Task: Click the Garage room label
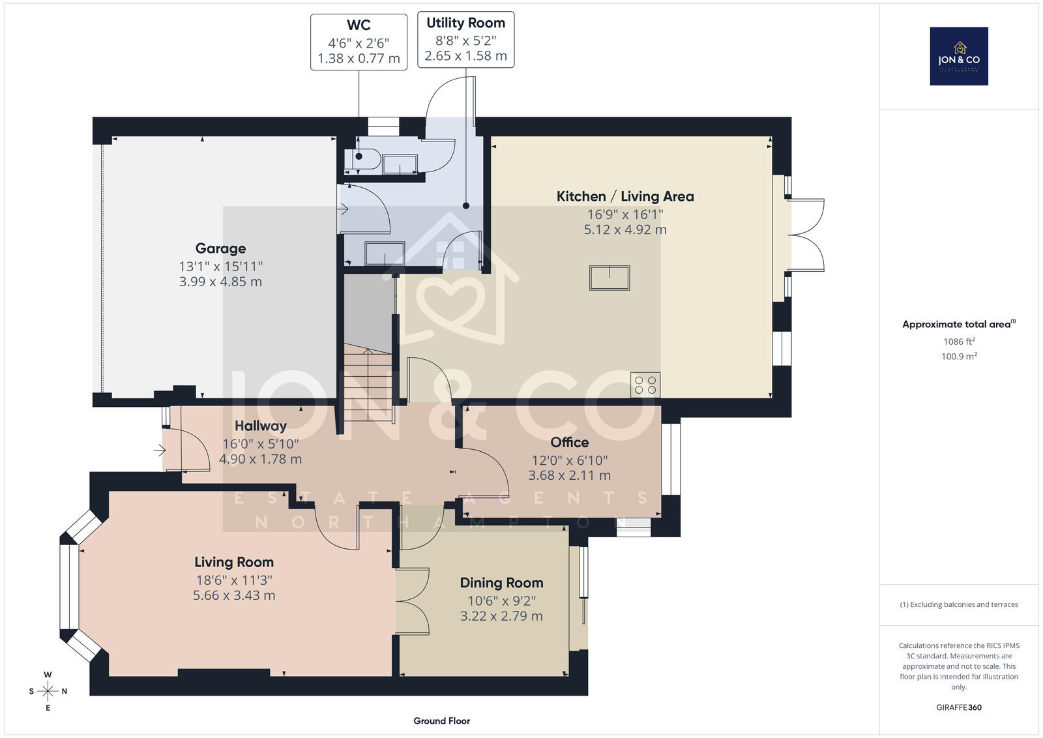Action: coord(220,248)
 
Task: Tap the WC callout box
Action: coord(359,42)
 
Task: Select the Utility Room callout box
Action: coord(465,40)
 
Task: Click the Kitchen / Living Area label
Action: coord(625,196)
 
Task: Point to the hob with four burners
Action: coord(645,385)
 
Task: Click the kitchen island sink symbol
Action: coord(610,278)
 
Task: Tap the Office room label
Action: coord(570,442)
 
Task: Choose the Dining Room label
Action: coord(501,583)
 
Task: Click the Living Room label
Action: coord(234,563)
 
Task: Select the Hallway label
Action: coord(260,426)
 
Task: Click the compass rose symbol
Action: coord(48,691)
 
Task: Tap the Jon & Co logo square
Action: coord(959,56)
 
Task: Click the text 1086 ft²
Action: coord(959,342)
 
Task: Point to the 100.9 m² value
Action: coord(959,357)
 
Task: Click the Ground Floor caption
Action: coord(441,721)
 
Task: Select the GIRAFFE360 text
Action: coord(959,708)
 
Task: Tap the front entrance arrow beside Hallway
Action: coord(160,450)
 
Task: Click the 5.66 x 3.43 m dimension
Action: coord(234,595)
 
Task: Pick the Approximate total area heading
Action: coord(959,325)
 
